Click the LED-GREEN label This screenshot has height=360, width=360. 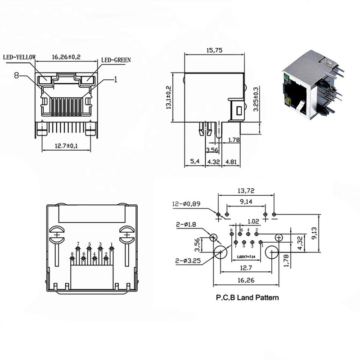pyautogui.click(x=116, y=59)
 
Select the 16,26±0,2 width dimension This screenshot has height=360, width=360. pyautogui.click(x=67, y=57)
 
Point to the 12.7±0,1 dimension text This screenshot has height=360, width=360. pyautogui.click(x=66, y=146)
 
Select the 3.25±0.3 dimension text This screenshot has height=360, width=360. pyautogui.click(x=256, y=100)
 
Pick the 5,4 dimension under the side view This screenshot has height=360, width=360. pyautogui.click(x=194, y=161)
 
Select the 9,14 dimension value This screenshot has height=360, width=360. pyautogui.click(x=246, y=202)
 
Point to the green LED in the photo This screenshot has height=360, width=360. pyautogui.click(x=286, y=82)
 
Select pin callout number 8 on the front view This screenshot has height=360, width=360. pyautogui.click(x=17, y=76)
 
